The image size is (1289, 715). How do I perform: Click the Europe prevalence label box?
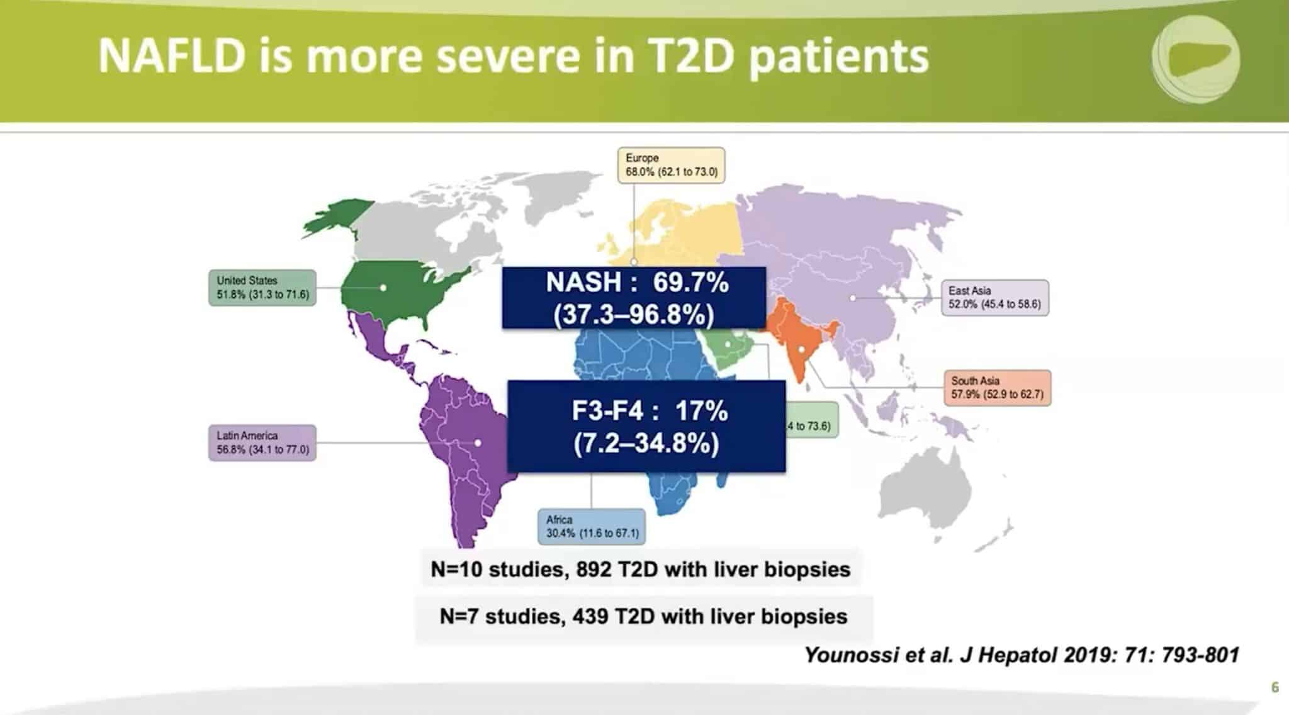(x=671, y=165)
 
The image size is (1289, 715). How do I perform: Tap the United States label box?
(x=262, y=288)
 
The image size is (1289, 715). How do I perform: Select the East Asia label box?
(x=994, y=298)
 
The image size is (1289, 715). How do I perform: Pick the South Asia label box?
(x=997, y=388)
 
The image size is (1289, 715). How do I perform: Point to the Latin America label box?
(x=262, y=442)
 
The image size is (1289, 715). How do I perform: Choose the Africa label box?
(x=592, y=526)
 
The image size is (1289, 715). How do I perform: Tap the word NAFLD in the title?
(x=171, y=56)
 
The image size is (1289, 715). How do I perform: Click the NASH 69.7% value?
(x=690, y=283)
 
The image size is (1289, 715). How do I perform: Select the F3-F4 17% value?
(x=701, y=412)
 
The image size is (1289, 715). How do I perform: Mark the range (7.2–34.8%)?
(x=646, y=444)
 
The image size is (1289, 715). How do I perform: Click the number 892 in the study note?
(x=594, y=570)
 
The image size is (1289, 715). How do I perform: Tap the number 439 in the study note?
(x=590, y=616)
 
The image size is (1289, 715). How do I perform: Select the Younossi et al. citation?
(x=1021, y=655)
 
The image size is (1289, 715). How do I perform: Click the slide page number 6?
(x=1275, y=687)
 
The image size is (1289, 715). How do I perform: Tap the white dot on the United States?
(x=383, y=288)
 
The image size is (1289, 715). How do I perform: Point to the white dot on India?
(x=802, y=349)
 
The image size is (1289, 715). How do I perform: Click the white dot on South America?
(x=478, y=443)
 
